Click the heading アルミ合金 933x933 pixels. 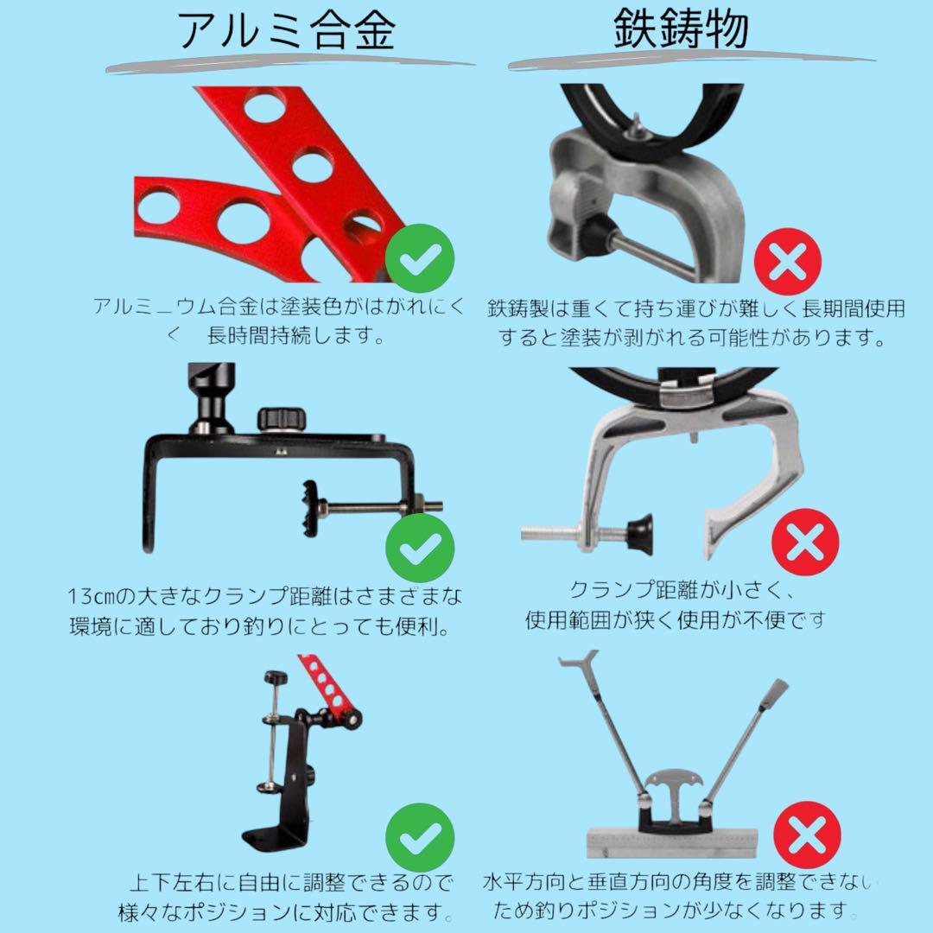tap(287, 29)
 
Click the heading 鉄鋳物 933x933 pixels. tap(681, 29)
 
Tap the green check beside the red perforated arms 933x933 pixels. tap(420, 257)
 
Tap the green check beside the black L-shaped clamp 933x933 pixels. tap(420, 548)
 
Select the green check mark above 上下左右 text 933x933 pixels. tap(420, 837)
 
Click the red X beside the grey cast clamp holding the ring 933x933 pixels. tap(787, 261)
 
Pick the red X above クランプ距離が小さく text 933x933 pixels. tap(805, 543)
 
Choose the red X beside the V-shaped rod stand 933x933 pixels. tap(807, 835)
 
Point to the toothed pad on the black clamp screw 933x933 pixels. tap(310, 508)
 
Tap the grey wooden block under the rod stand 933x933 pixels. tap(672, 842)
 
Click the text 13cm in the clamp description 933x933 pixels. tap(91, 596)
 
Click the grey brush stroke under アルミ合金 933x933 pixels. tap(289, 64)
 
